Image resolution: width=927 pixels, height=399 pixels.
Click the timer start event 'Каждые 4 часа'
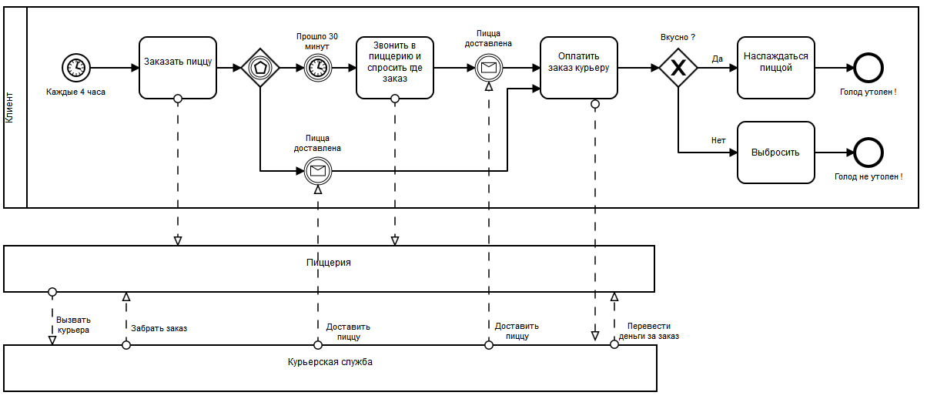tap(76, 68)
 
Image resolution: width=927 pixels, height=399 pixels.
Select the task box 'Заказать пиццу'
tap(178, 68)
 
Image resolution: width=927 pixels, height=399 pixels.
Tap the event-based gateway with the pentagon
tap(260, 68)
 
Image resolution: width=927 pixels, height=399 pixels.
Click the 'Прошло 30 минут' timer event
tap(318, 68)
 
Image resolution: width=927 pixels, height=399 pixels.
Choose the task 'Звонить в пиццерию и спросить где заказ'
tap(395, 68)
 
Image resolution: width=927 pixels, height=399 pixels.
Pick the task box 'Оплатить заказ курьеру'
tap(578, 68)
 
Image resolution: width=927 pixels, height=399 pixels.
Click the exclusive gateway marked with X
tap(678, 68)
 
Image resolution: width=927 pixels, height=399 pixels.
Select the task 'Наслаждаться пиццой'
tap(776, 68)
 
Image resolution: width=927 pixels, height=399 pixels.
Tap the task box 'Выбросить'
tap(776, 153)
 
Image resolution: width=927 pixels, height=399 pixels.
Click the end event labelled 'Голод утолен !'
tap(868, 68)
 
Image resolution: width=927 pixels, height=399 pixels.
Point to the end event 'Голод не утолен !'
tap(868, 153)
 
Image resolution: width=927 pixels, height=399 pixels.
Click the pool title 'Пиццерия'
tap(329, 263)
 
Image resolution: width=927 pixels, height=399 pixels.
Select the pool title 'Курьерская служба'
tap(330, 362)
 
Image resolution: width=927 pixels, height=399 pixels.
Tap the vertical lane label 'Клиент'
tap(9, 108)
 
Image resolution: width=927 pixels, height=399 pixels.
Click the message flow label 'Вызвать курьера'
tap(73, 325)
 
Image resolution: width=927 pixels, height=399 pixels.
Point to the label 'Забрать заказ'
tap(159, 328)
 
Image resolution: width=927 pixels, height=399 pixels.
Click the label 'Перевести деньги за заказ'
tap(649, 331)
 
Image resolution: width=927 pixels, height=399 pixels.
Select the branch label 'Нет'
tap(718, 140)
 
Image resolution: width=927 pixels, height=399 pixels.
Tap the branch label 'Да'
tap(717, 59)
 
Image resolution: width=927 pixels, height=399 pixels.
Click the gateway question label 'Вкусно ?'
tap(678, 37)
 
